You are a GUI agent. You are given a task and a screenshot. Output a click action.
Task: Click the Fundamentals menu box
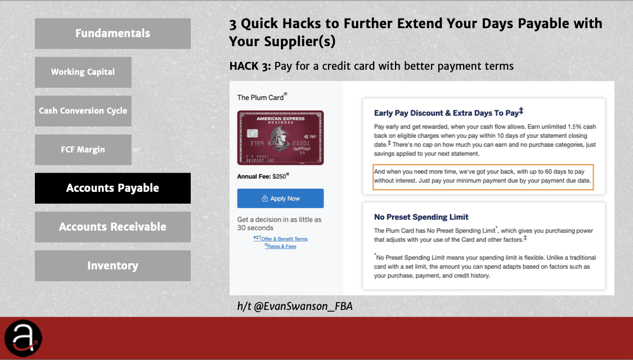point(113,34)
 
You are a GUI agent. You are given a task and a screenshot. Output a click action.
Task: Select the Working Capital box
point(83,72)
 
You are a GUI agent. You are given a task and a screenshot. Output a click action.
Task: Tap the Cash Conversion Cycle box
point(83,111)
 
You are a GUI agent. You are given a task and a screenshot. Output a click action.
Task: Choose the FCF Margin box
point(83,150)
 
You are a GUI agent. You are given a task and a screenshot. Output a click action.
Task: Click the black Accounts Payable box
point(113,188)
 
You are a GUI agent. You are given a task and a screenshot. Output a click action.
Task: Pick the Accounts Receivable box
point(113,227)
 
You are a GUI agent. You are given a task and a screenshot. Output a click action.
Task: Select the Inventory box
point(113,265)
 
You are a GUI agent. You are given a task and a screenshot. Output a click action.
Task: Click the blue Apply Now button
point(281,199)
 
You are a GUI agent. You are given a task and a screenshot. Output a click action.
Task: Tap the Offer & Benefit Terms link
point(281,239)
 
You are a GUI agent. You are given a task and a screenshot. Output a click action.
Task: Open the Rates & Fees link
point(281,246)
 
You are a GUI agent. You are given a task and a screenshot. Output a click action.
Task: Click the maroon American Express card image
point(281,138)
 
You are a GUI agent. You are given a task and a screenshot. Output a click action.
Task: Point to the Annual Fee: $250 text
point(263,177)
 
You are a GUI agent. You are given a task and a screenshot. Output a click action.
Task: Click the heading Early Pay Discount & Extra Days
point(448,112)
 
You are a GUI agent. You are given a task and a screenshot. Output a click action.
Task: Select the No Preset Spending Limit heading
point(421,217)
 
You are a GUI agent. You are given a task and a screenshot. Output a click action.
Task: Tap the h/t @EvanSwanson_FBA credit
point(295,307)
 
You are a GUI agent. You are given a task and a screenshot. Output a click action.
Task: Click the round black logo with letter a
point(24,338)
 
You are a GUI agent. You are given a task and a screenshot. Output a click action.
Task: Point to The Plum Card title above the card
point(262,97)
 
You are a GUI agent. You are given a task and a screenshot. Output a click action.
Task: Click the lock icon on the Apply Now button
point(265,199)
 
